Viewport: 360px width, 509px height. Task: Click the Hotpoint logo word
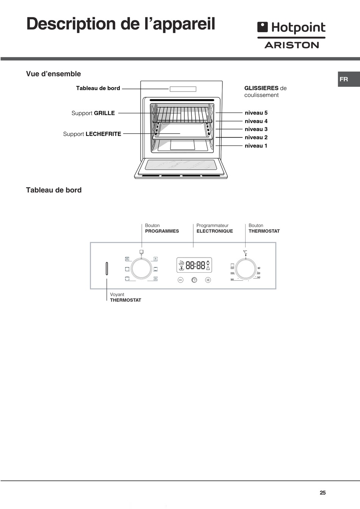point(298,28)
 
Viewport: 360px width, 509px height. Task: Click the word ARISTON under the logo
point(291,45)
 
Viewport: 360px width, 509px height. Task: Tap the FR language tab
point(344,79)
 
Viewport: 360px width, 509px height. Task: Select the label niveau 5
point(256,113)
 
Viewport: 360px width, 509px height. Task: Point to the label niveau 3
point(256,129)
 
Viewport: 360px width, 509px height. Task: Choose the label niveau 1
point(256,146)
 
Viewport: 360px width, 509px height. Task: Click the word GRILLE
point(104,113)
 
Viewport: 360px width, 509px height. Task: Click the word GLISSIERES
point(261,88)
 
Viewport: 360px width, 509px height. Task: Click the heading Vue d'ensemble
point(53,74)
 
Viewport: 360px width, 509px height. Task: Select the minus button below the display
point(180,280)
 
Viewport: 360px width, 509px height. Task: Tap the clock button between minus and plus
point(194,280)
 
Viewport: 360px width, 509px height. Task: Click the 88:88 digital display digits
point(196,265)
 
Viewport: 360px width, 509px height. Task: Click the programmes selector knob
point(141,269)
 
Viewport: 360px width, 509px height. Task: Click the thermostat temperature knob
point(245,269)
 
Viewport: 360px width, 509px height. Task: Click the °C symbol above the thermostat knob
point(245,252)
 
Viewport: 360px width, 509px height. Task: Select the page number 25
point(322,493)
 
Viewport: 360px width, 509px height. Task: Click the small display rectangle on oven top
point(183,89)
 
